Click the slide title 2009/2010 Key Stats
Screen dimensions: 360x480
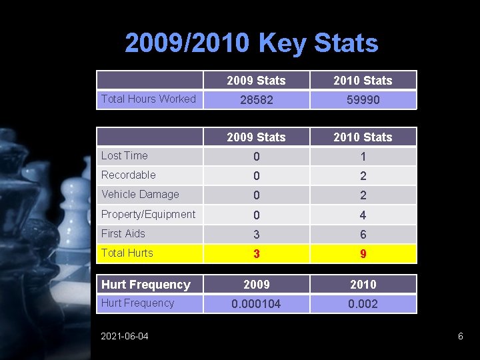click(x=251, y=43)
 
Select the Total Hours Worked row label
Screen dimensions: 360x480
click(x=148, y=99)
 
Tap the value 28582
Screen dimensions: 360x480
click(x=256, y=100)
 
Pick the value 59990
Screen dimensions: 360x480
click(x=363, y=100)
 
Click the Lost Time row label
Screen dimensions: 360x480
click(x=124, y=155)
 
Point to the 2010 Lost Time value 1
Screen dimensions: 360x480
click(x=363, y=157)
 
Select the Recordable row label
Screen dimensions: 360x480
click(x=128, y=175)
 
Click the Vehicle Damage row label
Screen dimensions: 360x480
click(x=140, y=194)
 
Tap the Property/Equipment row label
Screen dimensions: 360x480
click(x=148, y=214)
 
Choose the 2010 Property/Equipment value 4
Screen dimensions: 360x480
click(x=363, y=215)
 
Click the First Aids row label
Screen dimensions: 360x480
click(x=123, y=233)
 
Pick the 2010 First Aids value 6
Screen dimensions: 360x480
click(x=363, y=235)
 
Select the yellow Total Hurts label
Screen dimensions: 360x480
click(x=127, y=253)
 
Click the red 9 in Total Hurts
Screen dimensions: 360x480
click(x=363, y=254)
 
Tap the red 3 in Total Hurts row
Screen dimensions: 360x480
click(x=256, y=254)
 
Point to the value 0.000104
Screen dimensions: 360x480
click(x=256, y=304)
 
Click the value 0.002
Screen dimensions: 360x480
click(x=363, y=304)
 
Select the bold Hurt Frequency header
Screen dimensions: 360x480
click(x=145, y=285)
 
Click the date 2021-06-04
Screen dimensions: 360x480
click(x=125, y=336)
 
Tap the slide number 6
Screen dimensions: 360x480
click(x=460, y=336)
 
